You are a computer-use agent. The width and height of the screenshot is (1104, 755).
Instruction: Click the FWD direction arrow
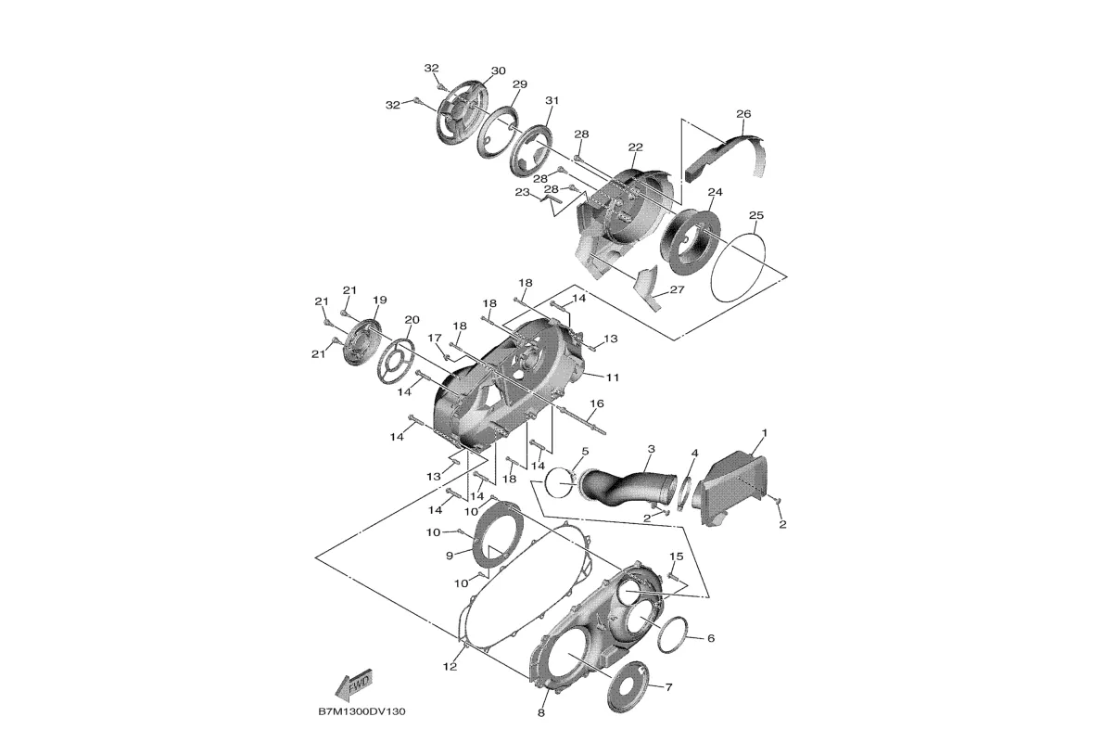pyautogui.click(x=353, y=684)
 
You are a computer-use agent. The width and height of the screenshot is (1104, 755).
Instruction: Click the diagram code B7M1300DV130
pyautogui.click(x=362, y=712)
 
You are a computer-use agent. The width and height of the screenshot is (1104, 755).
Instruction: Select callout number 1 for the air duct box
pyautogui.click(x=765, y=432)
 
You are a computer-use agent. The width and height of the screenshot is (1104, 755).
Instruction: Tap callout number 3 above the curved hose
pyautogui.click(x=652, y=449)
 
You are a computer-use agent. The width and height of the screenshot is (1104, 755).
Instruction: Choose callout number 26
pyautogui.click(x=743, y=113)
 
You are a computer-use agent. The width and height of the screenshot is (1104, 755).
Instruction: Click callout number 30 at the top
pyautogui.click(x=498, y=71)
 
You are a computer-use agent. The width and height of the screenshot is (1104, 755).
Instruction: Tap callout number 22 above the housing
pyautogui.click(x=635, y=147)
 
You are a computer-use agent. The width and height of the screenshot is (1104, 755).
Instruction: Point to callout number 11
pyautogui.click(x=613, y=377)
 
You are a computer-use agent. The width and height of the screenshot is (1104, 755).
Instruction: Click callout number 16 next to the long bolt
pyautogui.click(x=596, y=403)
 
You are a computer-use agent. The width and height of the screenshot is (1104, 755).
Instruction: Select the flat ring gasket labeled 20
pyautogui.click(x=403, y=360)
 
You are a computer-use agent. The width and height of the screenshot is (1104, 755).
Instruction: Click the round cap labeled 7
pyautogui.click(x=627, y=686)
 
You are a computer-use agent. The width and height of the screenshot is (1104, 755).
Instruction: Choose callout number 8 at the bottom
pyautogui.click(x=540, y=712)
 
